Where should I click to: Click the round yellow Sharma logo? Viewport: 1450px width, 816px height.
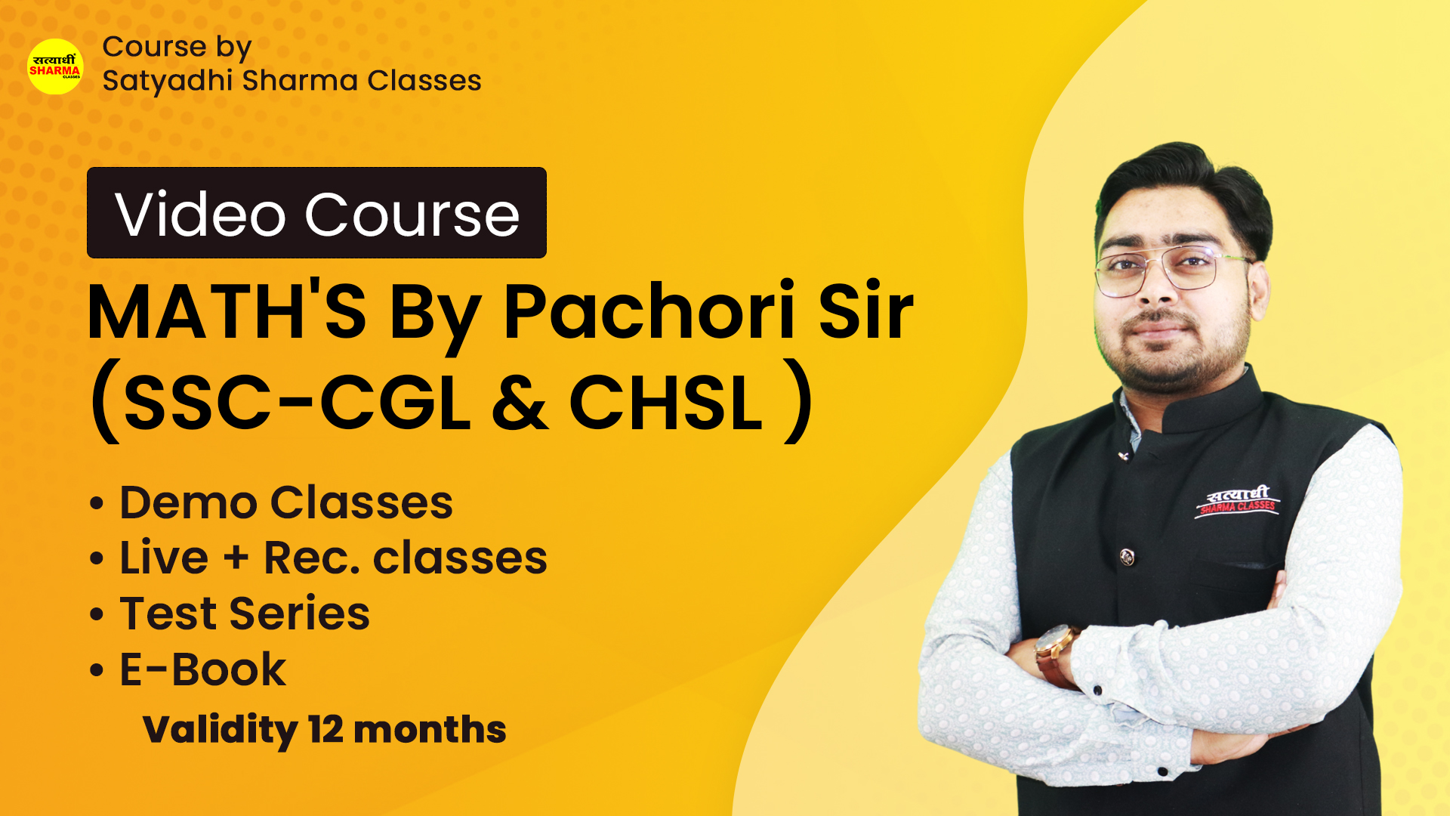(55, 66)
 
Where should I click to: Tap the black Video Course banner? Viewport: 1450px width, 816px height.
(316, 212)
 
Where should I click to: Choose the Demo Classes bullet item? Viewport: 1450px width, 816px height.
(271, 502)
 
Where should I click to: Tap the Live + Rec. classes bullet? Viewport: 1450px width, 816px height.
(318, 558)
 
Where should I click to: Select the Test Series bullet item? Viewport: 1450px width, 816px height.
(230, 613)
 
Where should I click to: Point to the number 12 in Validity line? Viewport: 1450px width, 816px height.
(325, 729)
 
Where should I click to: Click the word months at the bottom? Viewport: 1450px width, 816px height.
(430, 729)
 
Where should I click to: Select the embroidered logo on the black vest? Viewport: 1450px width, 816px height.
(1238, 502)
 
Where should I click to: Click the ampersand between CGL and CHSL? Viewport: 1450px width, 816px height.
(520, 403)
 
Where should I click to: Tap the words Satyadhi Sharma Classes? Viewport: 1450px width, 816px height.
(292, 81)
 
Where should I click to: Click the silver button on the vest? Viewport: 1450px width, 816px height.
(1127, 558)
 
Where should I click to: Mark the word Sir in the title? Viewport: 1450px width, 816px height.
(866, 311)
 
